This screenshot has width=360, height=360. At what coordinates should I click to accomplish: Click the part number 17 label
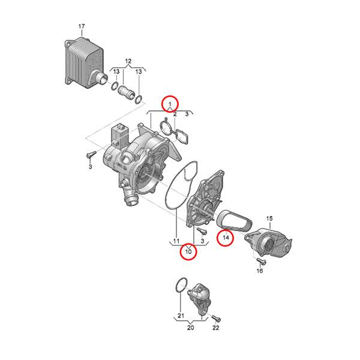tap(82, 26)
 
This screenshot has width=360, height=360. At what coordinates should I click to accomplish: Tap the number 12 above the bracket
tap(128, 61)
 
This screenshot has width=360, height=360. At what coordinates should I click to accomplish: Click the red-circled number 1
tap(170, 104)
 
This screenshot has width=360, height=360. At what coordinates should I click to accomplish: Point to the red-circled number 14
tap(226, 238)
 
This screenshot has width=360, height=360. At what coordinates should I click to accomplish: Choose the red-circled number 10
tap(188, 251)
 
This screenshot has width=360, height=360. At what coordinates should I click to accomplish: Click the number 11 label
tap(176, 241)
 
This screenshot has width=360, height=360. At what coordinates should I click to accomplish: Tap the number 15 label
tap(269, 218)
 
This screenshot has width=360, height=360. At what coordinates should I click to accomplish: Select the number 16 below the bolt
tap(259, 271)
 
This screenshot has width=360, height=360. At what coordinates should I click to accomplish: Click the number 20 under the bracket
tap(190, 328)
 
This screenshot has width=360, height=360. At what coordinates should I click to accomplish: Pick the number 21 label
tap(181, 316)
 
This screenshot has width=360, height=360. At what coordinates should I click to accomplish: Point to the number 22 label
tap(215, 328)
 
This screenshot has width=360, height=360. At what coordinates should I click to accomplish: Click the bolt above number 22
tap(215, 318)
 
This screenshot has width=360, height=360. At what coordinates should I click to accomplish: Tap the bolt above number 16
tap(261, 260)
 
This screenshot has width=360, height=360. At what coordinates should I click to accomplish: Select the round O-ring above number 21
tap(182, 286)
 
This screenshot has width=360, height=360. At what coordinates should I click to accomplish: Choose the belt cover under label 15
tap(268, 242)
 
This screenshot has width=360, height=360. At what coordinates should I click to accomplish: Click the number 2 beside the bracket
tap(175, 114)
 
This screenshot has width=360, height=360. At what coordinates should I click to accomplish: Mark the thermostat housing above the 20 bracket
tap(199, 298)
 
